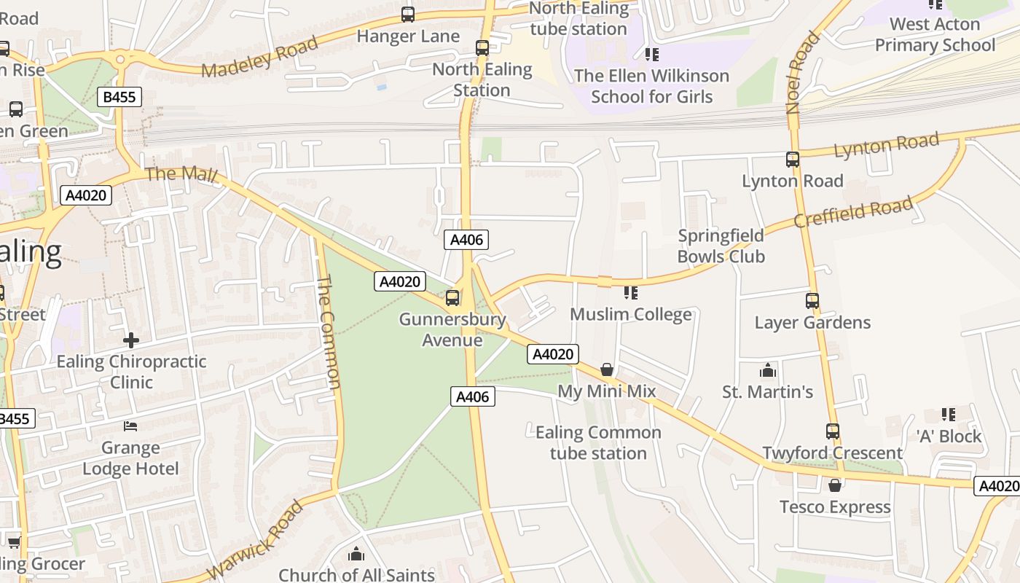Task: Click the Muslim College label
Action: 630,314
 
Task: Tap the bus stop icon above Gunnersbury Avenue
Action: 452,297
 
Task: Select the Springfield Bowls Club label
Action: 721,246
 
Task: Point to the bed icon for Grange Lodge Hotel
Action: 130,426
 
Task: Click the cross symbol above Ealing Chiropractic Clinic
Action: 131,340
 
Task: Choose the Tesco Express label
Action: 835,506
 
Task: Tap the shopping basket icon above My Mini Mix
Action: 607,369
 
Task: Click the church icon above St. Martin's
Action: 768,371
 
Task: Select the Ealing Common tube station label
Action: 598,442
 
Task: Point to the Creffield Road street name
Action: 852,211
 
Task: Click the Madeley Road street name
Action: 260,56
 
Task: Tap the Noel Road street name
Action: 802,72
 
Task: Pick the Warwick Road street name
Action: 255,541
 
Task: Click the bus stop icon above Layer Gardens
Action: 812,300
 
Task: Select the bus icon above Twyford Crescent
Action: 833,431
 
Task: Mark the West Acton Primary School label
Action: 935,34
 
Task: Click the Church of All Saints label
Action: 356,574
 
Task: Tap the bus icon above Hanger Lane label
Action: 408,14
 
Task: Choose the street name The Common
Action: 329,332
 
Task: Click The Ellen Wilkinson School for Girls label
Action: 651,86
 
